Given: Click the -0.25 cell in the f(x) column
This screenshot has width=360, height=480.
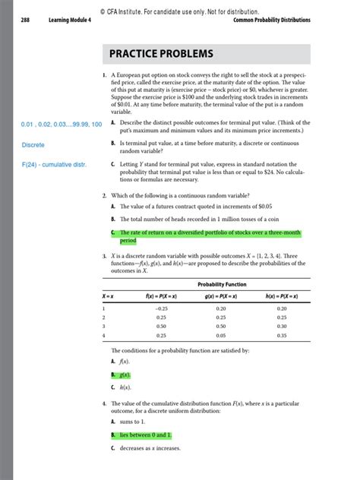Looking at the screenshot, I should point(161,308).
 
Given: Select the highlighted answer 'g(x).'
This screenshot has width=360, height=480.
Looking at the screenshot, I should point(122,375).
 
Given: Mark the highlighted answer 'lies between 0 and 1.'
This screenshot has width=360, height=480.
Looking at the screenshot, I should point(141,435).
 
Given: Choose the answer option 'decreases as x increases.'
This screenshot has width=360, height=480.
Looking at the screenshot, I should point(150,449).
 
